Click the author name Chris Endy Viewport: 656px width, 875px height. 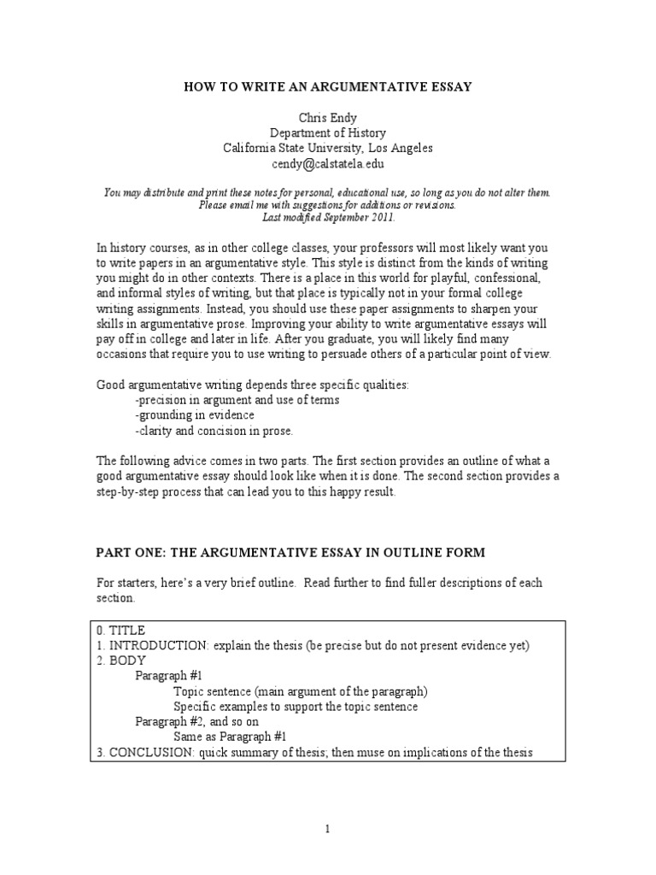tap(328, 118)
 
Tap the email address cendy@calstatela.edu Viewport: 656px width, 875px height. tap(328, 162)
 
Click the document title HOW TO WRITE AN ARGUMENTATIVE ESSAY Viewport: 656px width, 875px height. tap(328, 86)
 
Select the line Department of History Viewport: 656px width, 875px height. tap(328, 133)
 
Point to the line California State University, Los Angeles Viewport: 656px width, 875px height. tap(328, 148)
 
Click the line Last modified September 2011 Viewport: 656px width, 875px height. tap(328, 217)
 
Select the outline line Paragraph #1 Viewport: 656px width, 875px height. tap(168, 676)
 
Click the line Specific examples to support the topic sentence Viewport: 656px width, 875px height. tap(296, 707)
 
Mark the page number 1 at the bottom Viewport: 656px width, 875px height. tap(328, 828)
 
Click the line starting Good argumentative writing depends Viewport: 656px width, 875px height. tap(252, 385)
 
